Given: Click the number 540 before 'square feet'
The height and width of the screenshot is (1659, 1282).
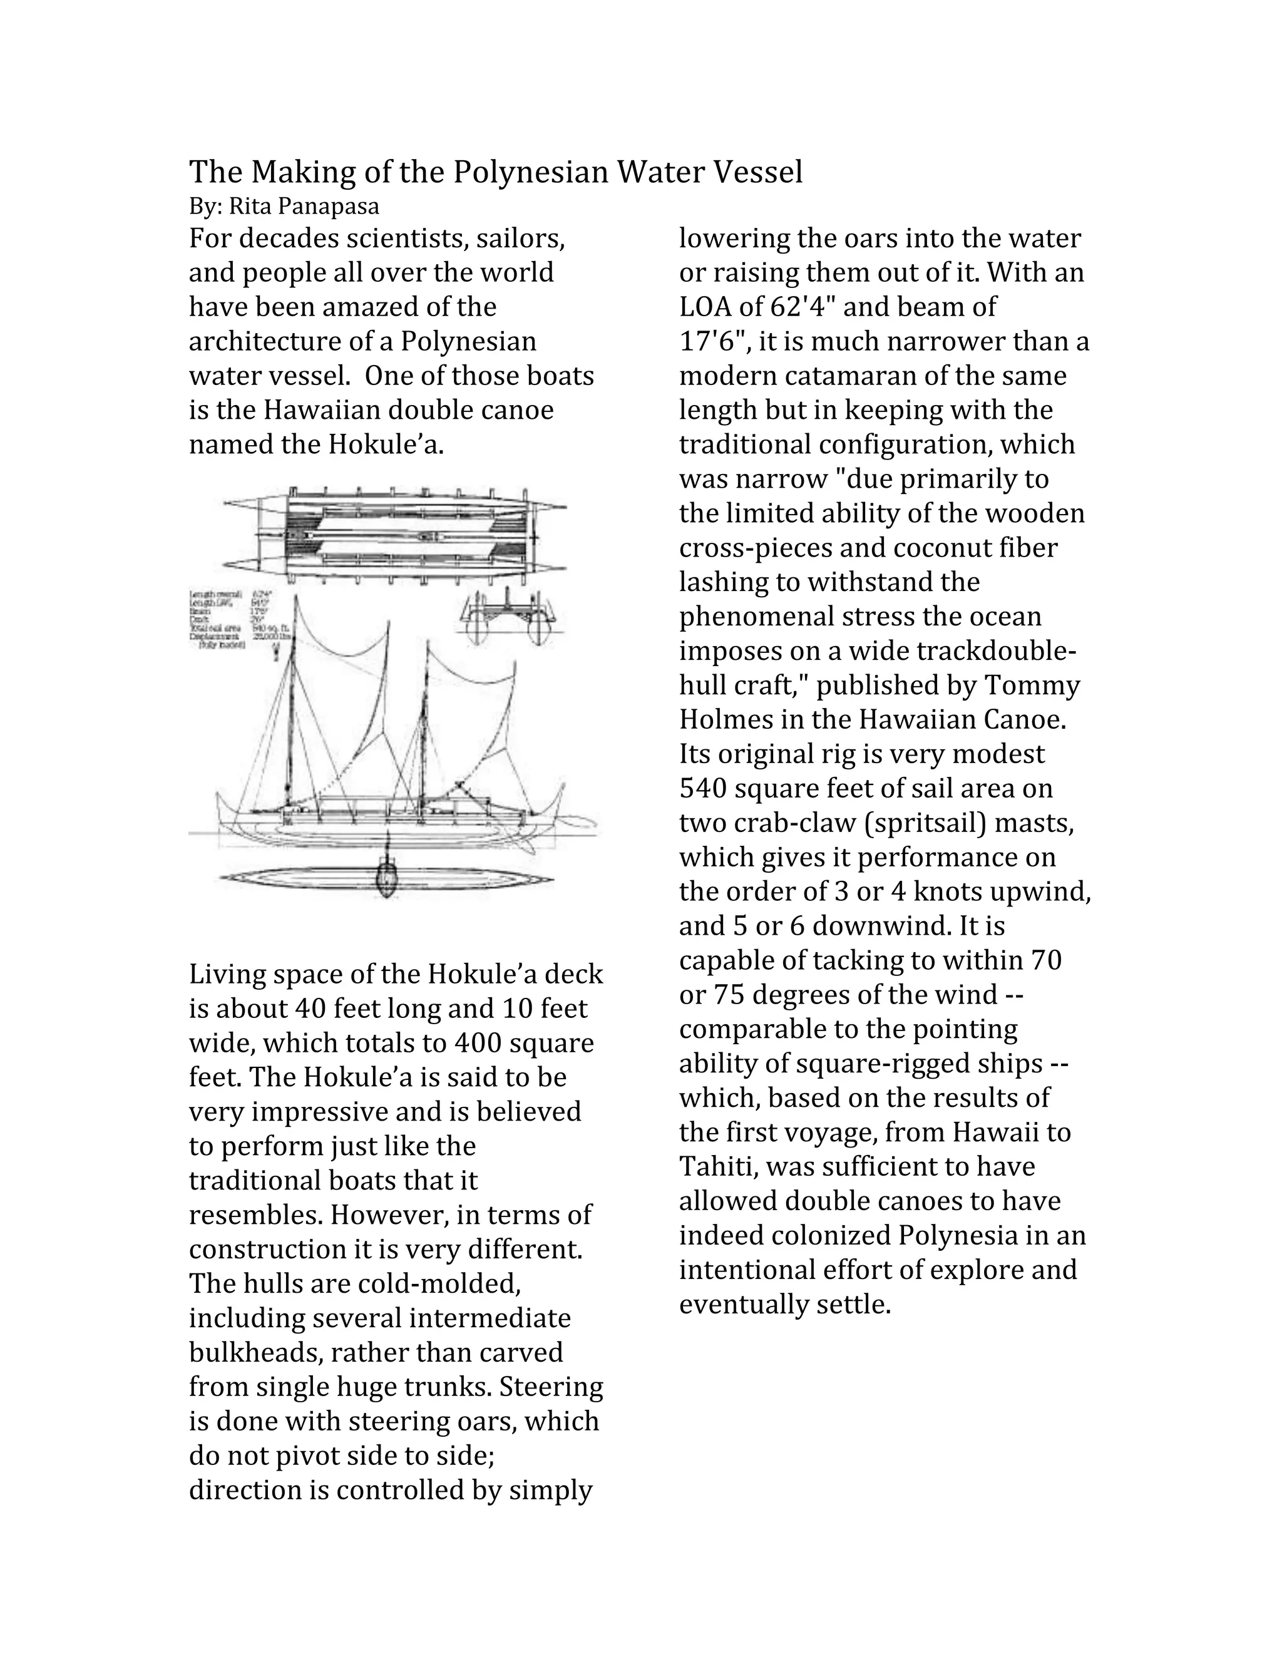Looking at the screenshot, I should pyautogui.click(x=702, y=788).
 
